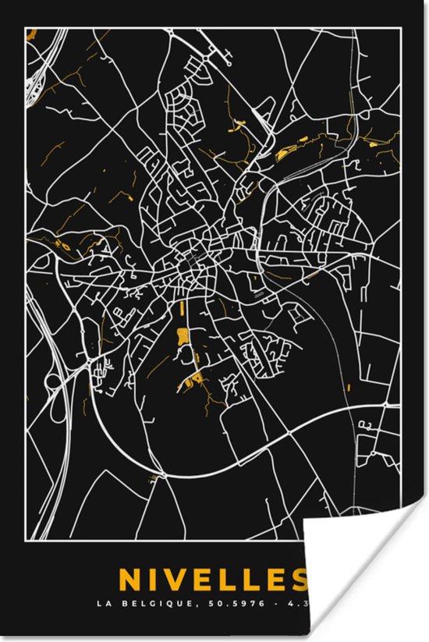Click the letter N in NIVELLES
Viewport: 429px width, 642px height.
[151, 580]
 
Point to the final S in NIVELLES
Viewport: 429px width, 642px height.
[297, 580]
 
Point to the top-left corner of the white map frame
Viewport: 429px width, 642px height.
[26, 29]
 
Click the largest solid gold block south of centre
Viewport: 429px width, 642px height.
[183, 337]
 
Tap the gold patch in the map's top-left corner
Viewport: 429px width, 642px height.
[33, 35]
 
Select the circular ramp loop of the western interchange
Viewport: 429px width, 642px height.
[51, 383]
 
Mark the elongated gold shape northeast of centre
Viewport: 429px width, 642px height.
[292, 147]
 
